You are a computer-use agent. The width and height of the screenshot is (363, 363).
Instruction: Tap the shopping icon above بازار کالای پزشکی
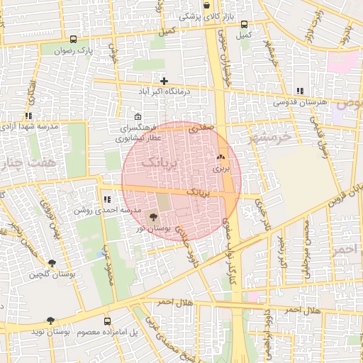[206, 5]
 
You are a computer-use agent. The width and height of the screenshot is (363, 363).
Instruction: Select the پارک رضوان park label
[76, 50]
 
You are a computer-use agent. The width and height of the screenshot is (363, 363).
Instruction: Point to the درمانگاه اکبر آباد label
[165, 92]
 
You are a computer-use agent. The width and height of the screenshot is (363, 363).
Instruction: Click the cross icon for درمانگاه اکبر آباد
[164, 82]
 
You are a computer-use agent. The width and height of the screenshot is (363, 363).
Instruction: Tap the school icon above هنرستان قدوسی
[300, 91]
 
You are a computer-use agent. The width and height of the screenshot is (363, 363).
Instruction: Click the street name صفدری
[201, 128]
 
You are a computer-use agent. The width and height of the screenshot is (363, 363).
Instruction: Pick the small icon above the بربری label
[220, 157]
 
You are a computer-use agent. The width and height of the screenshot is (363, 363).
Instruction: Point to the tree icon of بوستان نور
[155, 218]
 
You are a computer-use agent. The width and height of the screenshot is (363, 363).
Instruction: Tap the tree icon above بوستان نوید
[50, 320]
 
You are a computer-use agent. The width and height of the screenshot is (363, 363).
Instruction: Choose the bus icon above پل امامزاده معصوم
[106, 320]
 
